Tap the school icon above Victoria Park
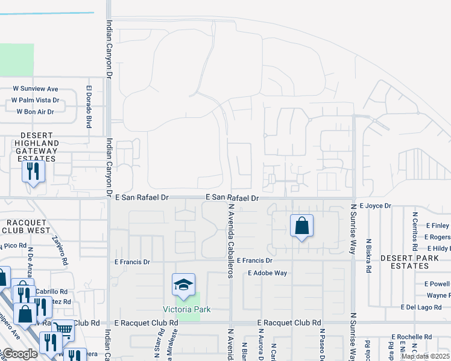[183, 285]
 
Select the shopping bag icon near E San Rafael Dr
[301, 226]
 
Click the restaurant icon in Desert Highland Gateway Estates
[33, 171]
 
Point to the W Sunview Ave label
[36, 88]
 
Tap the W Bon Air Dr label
[35, 111]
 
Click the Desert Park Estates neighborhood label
[405, 262]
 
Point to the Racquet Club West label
[25, 226]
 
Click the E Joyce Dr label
[375, 206]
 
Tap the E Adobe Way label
[268, 273]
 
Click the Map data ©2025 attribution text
[425, 356]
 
